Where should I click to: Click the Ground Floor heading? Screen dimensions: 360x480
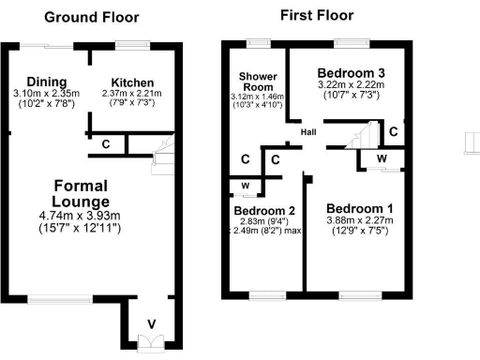tap(92, 17)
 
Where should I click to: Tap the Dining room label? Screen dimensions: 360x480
tap(46, 81)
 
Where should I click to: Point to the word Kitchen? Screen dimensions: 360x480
tap(132, 82)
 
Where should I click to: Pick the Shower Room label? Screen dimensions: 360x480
tap(254, 81)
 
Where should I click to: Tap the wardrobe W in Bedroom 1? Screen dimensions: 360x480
tap(382, 158)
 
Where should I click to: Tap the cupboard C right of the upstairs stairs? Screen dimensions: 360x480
tap(395, 131)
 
